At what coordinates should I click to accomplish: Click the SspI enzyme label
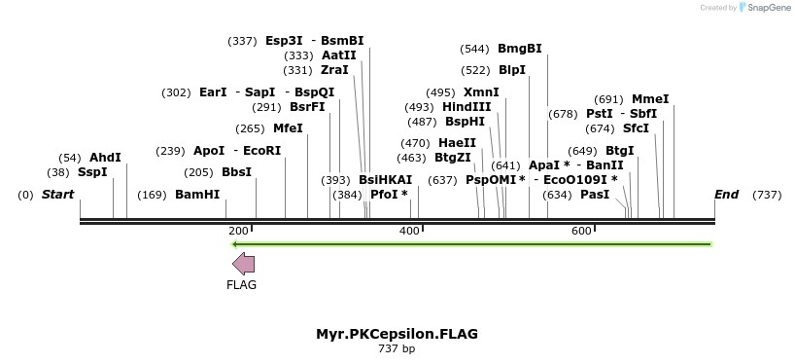(x=92, y=172)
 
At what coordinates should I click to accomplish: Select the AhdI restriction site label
(x=105, y=158)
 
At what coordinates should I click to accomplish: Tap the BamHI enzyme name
(x=197, y=195)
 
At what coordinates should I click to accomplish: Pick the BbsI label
(x=236, y=172)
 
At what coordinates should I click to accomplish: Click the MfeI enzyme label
(x=288, y=128)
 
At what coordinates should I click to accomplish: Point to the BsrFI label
(x=307, y=107)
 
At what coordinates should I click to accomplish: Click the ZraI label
(x=334, y=70)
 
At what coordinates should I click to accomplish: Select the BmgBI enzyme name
(x=520, y=49)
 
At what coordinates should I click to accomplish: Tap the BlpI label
(x=512, y=70)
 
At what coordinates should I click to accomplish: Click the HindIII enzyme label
(x=467, y=107)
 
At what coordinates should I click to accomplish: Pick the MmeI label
(x=650, y=99)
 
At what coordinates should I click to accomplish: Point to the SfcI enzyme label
(x=636, y=128)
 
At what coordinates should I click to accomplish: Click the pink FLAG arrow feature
(x=243, y=263)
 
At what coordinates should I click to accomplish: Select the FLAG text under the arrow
(x=241, y=285)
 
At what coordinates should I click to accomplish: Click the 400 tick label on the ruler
(x=409, y=231)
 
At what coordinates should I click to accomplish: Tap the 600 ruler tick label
(x=581, y=231)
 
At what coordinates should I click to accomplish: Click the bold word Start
(x=57, y=195)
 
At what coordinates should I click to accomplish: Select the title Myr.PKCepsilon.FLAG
(x=397, y=334)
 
